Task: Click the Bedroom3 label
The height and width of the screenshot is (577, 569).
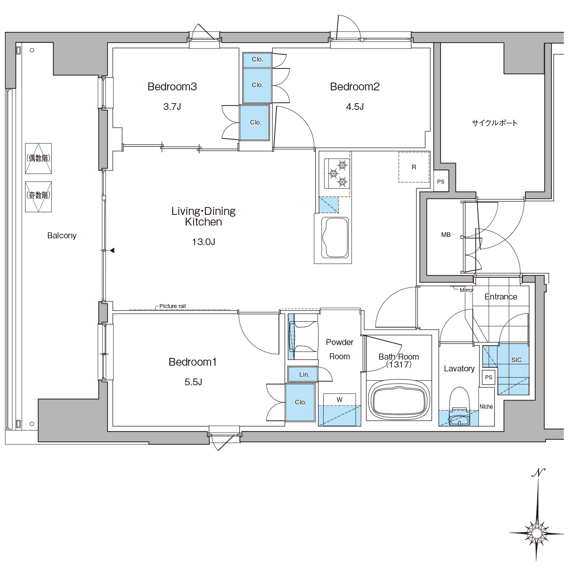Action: point(172,86)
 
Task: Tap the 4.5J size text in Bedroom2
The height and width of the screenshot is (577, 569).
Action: point(355,107)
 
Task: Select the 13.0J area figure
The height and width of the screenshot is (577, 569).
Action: point(203,242)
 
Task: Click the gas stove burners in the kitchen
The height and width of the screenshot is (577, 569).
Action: point(337,173)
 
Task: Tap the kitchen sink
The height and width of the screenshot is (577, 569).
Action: point(335,238)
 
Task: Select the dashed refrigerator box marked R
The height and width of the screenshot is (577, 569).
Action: point(414,167)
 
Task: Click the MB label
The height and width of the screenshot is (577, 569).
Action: point(446,235)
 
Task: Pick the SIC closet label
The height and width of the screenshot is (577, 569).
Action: point(516,360)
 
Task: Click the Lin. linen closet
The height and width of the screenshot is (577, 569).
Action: point(303,374)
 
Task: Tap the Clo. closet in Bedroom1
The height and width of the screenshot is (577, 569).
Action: point(300,402)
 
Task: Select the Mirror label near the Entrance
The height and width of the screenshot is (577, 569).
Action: point(467,290)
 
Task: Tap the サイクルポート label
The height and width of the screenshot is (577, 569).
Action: point(495,123)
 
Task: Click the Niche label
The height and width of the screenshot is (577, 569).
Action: point(486,406)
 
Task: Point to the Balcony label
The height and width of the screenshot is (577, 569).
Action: point(62,235)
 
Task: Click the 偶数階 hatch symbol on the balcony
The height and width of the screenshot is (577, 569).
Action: point(38,158)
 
